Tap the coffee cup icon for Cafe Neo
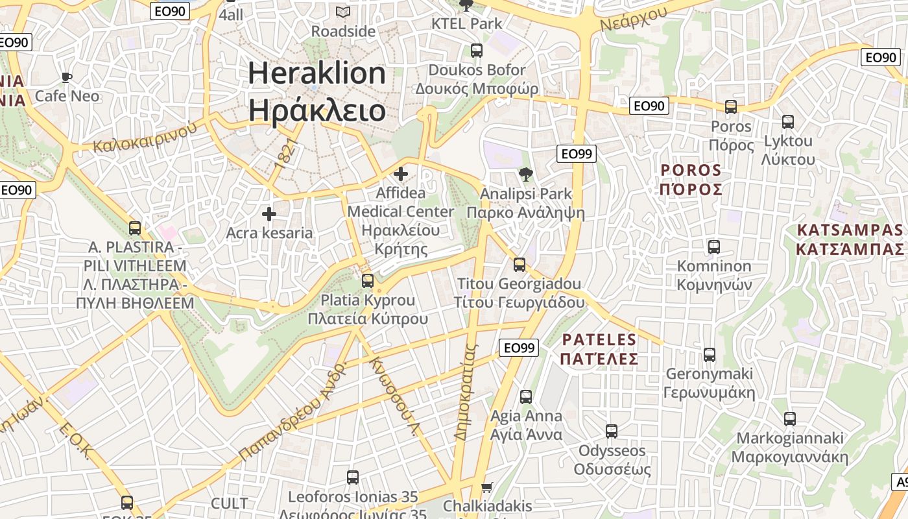(66, 78)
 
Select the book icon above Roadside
(342, 12)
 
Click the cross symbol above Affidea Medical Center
(401, 174)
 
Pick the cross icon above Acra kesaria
(269, 213)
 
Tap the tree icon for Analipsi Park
(525, 174)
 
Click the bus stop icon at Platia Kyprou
(368, 281)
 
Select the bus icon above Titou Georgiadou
(519, 265)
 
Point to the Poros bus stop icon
(731, 107)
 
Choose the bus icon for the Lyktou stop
(788, 122)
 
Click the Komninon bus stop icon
(714, 247)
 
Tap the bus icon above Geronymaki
(710, 355)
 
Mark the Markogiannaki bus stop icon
(789, 419)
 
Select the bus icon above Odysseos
(611, 431)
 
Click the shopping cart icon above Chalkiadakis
(487, 487)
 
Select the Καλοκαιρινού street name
(145, 138)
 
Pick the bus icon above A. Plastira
(135, 228)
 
